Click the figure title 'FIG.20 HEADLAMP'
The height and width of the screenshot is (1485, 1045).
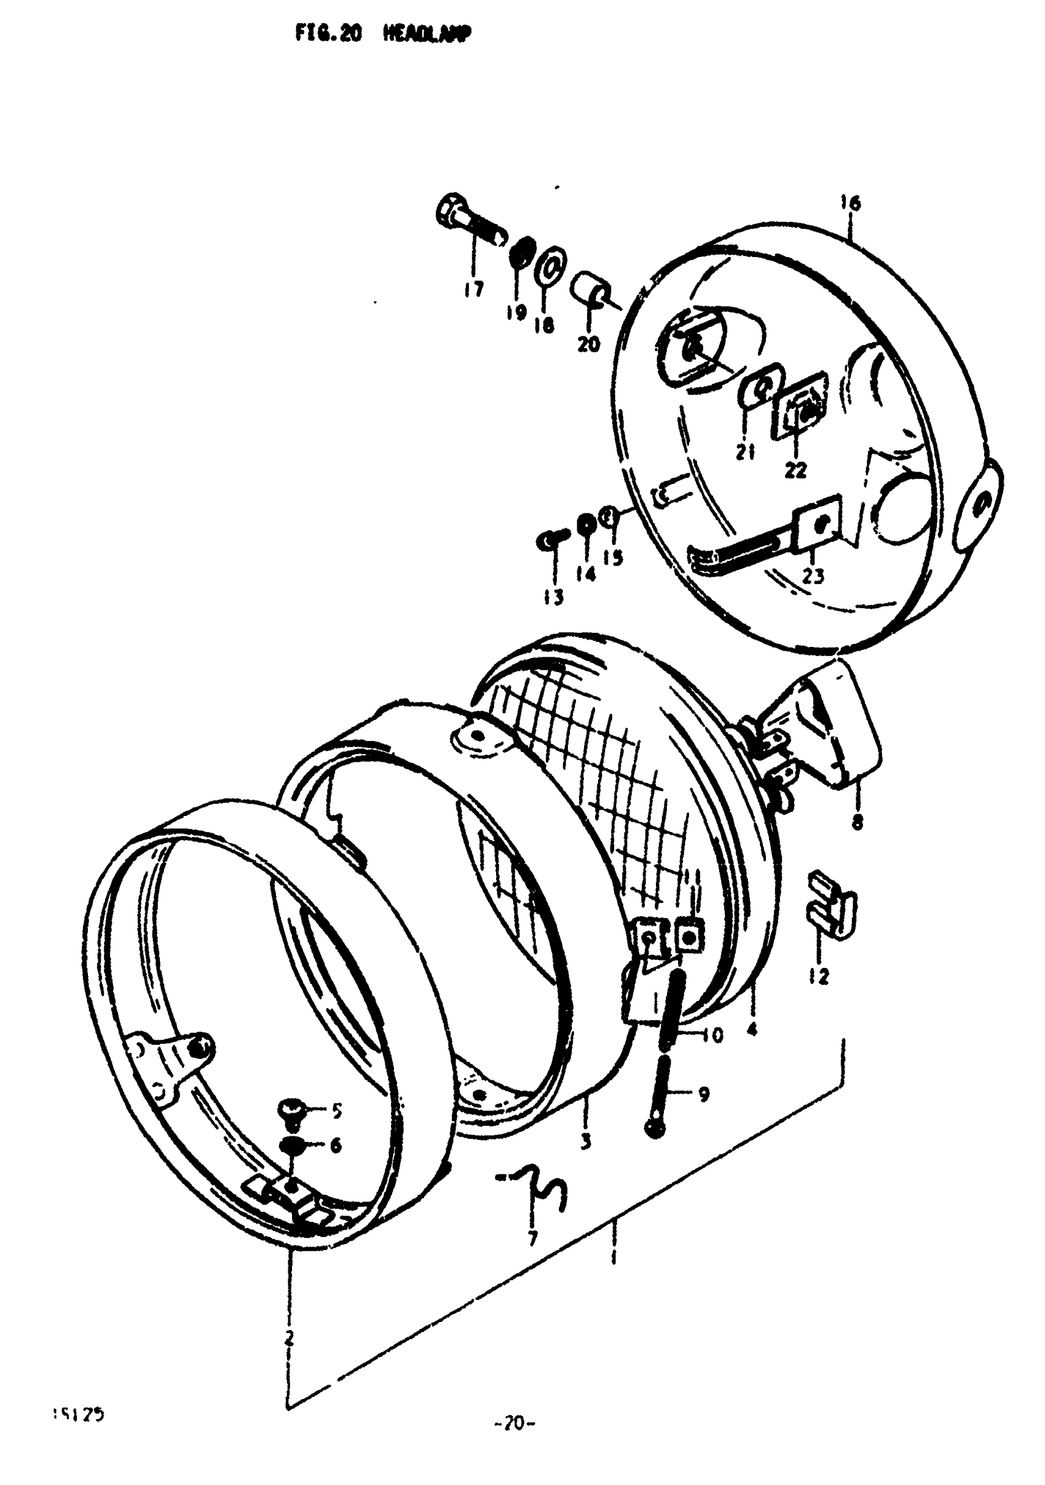(384, 35)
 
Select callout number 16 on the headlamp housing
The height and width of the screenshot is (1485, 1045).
(850, 204)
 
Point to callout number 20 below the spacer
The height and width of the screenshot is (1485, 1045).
(588, 345)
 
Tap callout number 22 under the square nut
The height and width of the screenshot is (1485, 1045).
(795, 470)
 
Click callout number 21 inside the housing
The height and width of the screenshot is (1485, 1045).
(745, 452)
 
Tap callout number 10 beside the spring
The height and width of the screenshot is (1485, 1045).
(711, 1035)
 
